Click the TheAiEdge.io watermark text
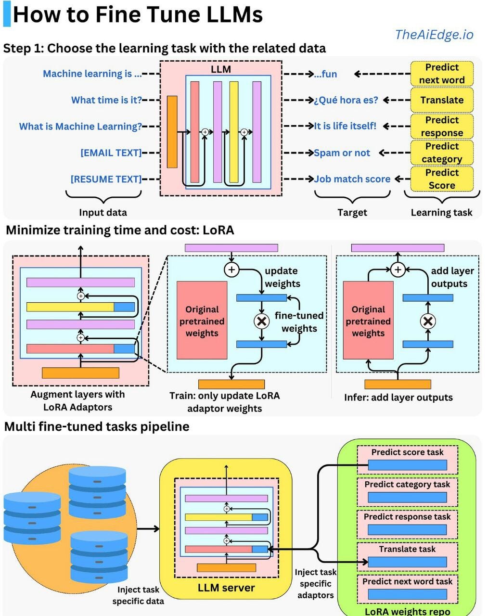(x=434, y=35)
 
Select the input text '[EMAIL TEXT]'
(x=111, y=153)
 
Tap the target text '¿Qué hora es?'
(x=346, y=100)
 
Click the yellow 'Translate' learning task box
(x=441, y=100)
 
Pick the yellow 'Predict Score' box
(x=441, y=179)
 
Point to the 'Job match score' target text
(x=352, y=179)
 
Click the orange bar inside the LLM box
(x=172, y=131)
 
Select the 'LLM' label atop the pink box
(x=221, y=69)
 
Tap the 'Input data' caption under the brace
(x=103, y=212)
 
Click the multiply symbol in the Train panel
(x=261, y=321)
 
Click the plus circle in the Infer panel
(x=398, y=269)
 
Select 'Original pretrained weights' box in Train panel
(x=202, y=321)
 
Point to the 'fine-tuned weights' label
(x=299, y=322)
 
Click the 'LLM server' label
(x=226, y=588)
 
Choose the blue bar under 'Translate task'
(x=407, y=562)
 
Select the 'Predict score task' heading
(x=407, y=452)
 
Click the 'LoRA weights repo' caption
(x=407, y=611)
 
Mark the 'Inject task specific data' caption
(x=138, y=595)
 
